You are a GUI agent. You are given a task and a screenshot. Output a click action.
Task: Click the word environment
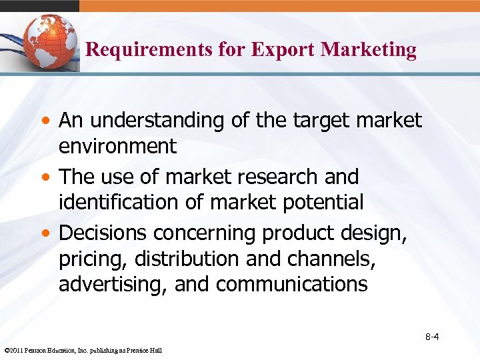tap(117, 146)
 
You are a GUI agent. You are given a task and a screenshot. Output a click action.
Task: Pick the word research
tap(281, 177)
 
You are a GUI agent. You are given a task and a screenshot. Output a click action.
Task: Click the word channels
tap(326, 259)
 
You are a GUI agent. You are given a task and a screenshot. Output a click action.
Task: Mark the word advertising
tap(113, 284)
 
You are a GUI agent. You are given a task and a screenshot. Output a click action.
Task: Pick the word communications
tap(291, 284)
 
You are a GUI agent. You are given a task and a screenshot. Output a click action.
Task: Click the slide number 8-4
tap(432, 337)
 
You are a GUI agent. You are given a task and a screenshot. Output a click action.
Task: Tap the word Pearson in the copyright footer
tap(41, 351)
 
